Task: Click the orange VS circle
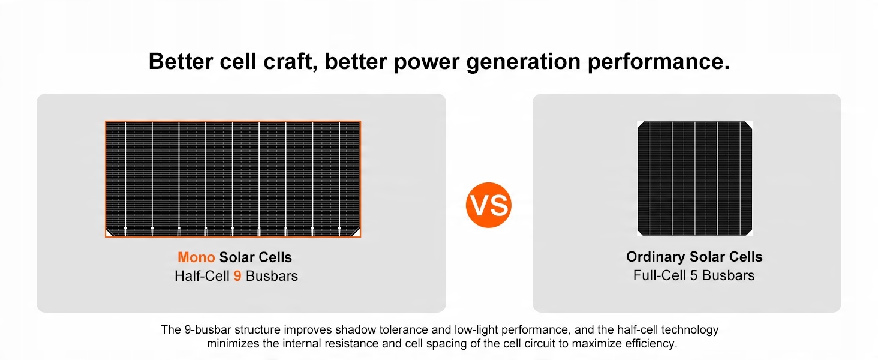[x=488, y=205]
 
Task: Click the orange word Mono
[x=196, y=257]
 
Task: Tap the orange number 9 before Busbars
[x=237, y=276]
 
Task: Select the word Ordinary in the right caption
[x=656, y=257]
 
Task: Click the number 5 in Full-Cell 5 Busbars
[x=694, y=275]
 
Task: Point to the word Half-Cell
[x=202, y=276]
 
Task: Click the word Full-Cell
[x=660, y=275]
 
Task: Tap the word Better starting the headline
[x=181, y=62]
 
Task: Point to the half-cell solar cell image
[x=233, y=179]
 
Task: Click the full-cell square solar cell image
[x=694, y=178]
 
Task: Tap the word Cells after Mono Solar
[x=275, y=257]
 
